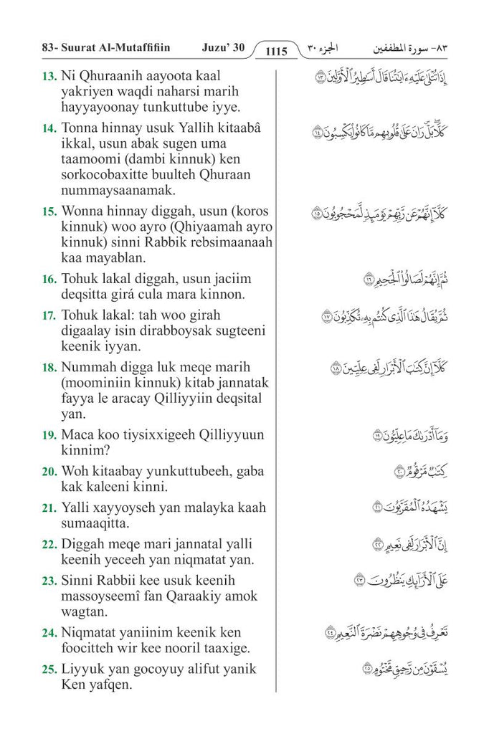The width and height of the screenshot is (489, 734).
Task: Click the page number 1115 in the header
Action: click(276, 51)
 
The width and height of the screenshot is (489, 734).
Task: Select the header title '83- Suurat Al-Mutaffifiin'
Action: click(101, 47)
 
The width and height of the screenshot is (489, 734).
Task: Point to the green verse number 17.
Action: click(49, 315)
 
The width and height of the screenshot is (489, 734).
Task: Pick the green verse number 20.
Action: click(49, 472)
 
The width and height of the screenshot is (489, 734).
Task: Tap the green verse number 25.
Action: click(49, 669)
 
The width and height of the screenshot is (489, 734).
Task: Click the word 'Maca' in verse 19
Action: click(78, 435)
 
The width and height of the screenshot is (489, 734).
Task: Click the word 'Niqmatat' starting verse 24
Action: click(90, 633)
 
